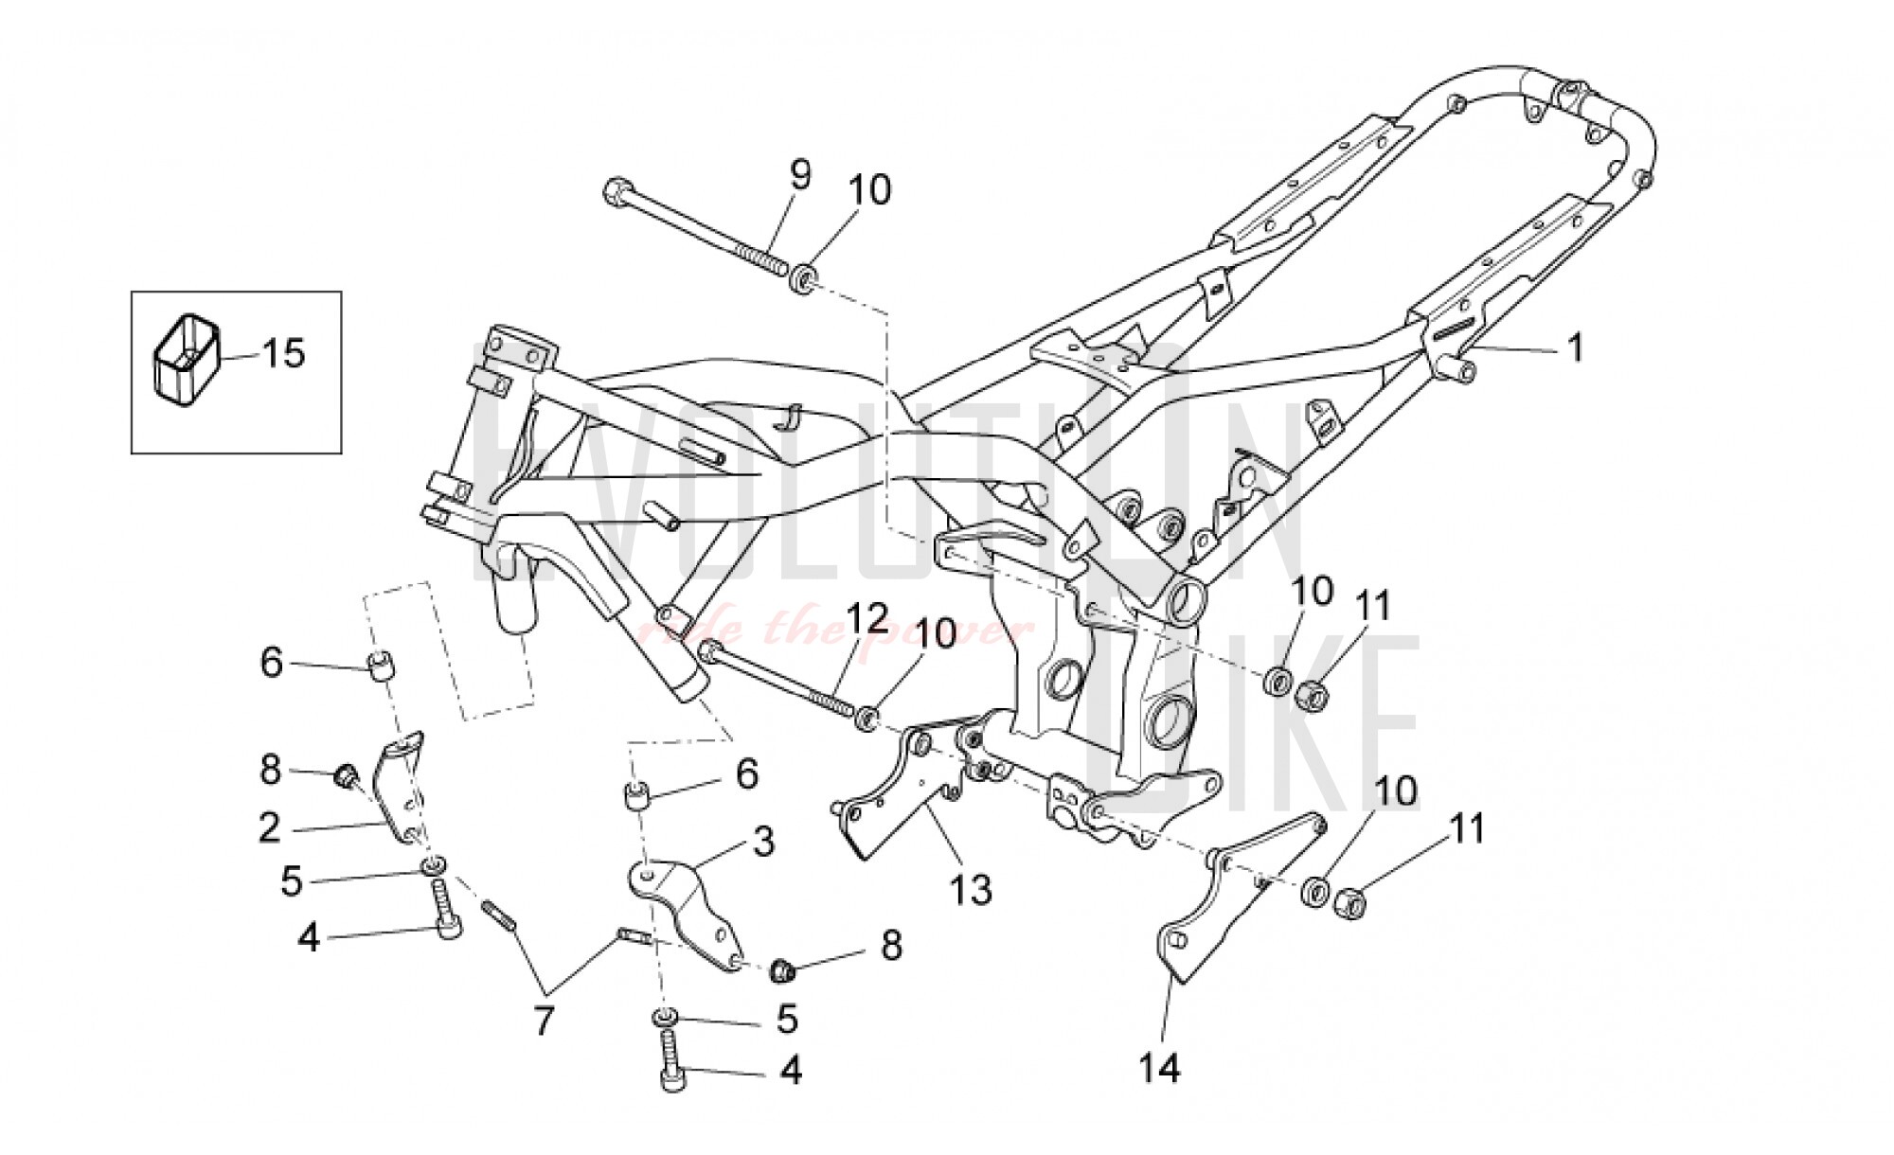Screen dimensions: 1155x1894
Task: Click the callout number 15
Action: pos(283,354)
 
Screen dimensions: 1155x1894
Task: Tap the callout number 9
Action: pos(800,175)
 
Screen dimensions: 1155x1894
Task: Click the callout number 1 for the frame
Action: pos(1575,348)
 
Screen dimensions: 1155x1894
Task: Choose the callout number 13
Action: pos(972,889)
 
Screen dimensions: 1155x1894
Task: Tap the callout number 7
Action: pos(542,1022)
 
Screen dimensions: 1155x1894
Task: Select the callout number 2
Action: pos(270,828)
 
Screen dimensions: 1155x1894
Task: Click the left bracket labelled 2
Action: pos(400,791)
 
